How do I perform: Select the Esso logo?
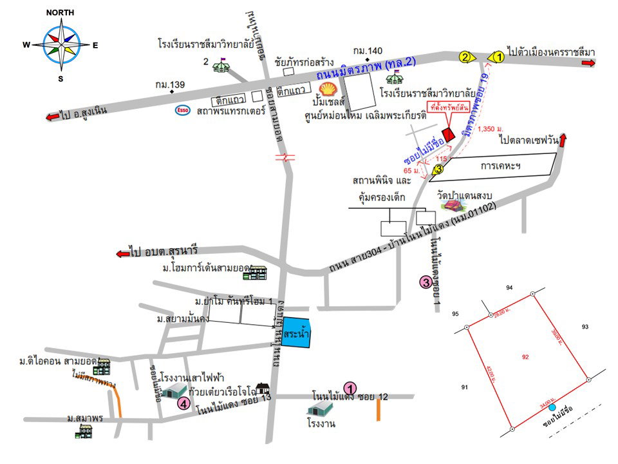click(x=183, y=110)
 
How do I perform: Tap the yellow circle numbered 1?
click(x=498, y=57)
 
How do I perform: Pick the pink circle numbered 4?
click(x=183, y=404)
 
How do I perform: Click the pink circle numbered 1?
click(x=350, y=388)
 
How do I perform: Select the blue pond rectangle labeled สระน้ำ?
click(x=297, y=334)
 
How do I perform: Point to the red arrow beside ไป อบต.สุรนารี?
click(x=122, y=253)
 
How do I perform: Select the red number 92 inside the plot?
click(x=526, y=356)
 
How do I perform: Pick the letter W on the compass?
click(x=26, y=45)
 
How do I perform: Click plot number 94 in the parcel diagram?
click(x=509, y=287)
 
